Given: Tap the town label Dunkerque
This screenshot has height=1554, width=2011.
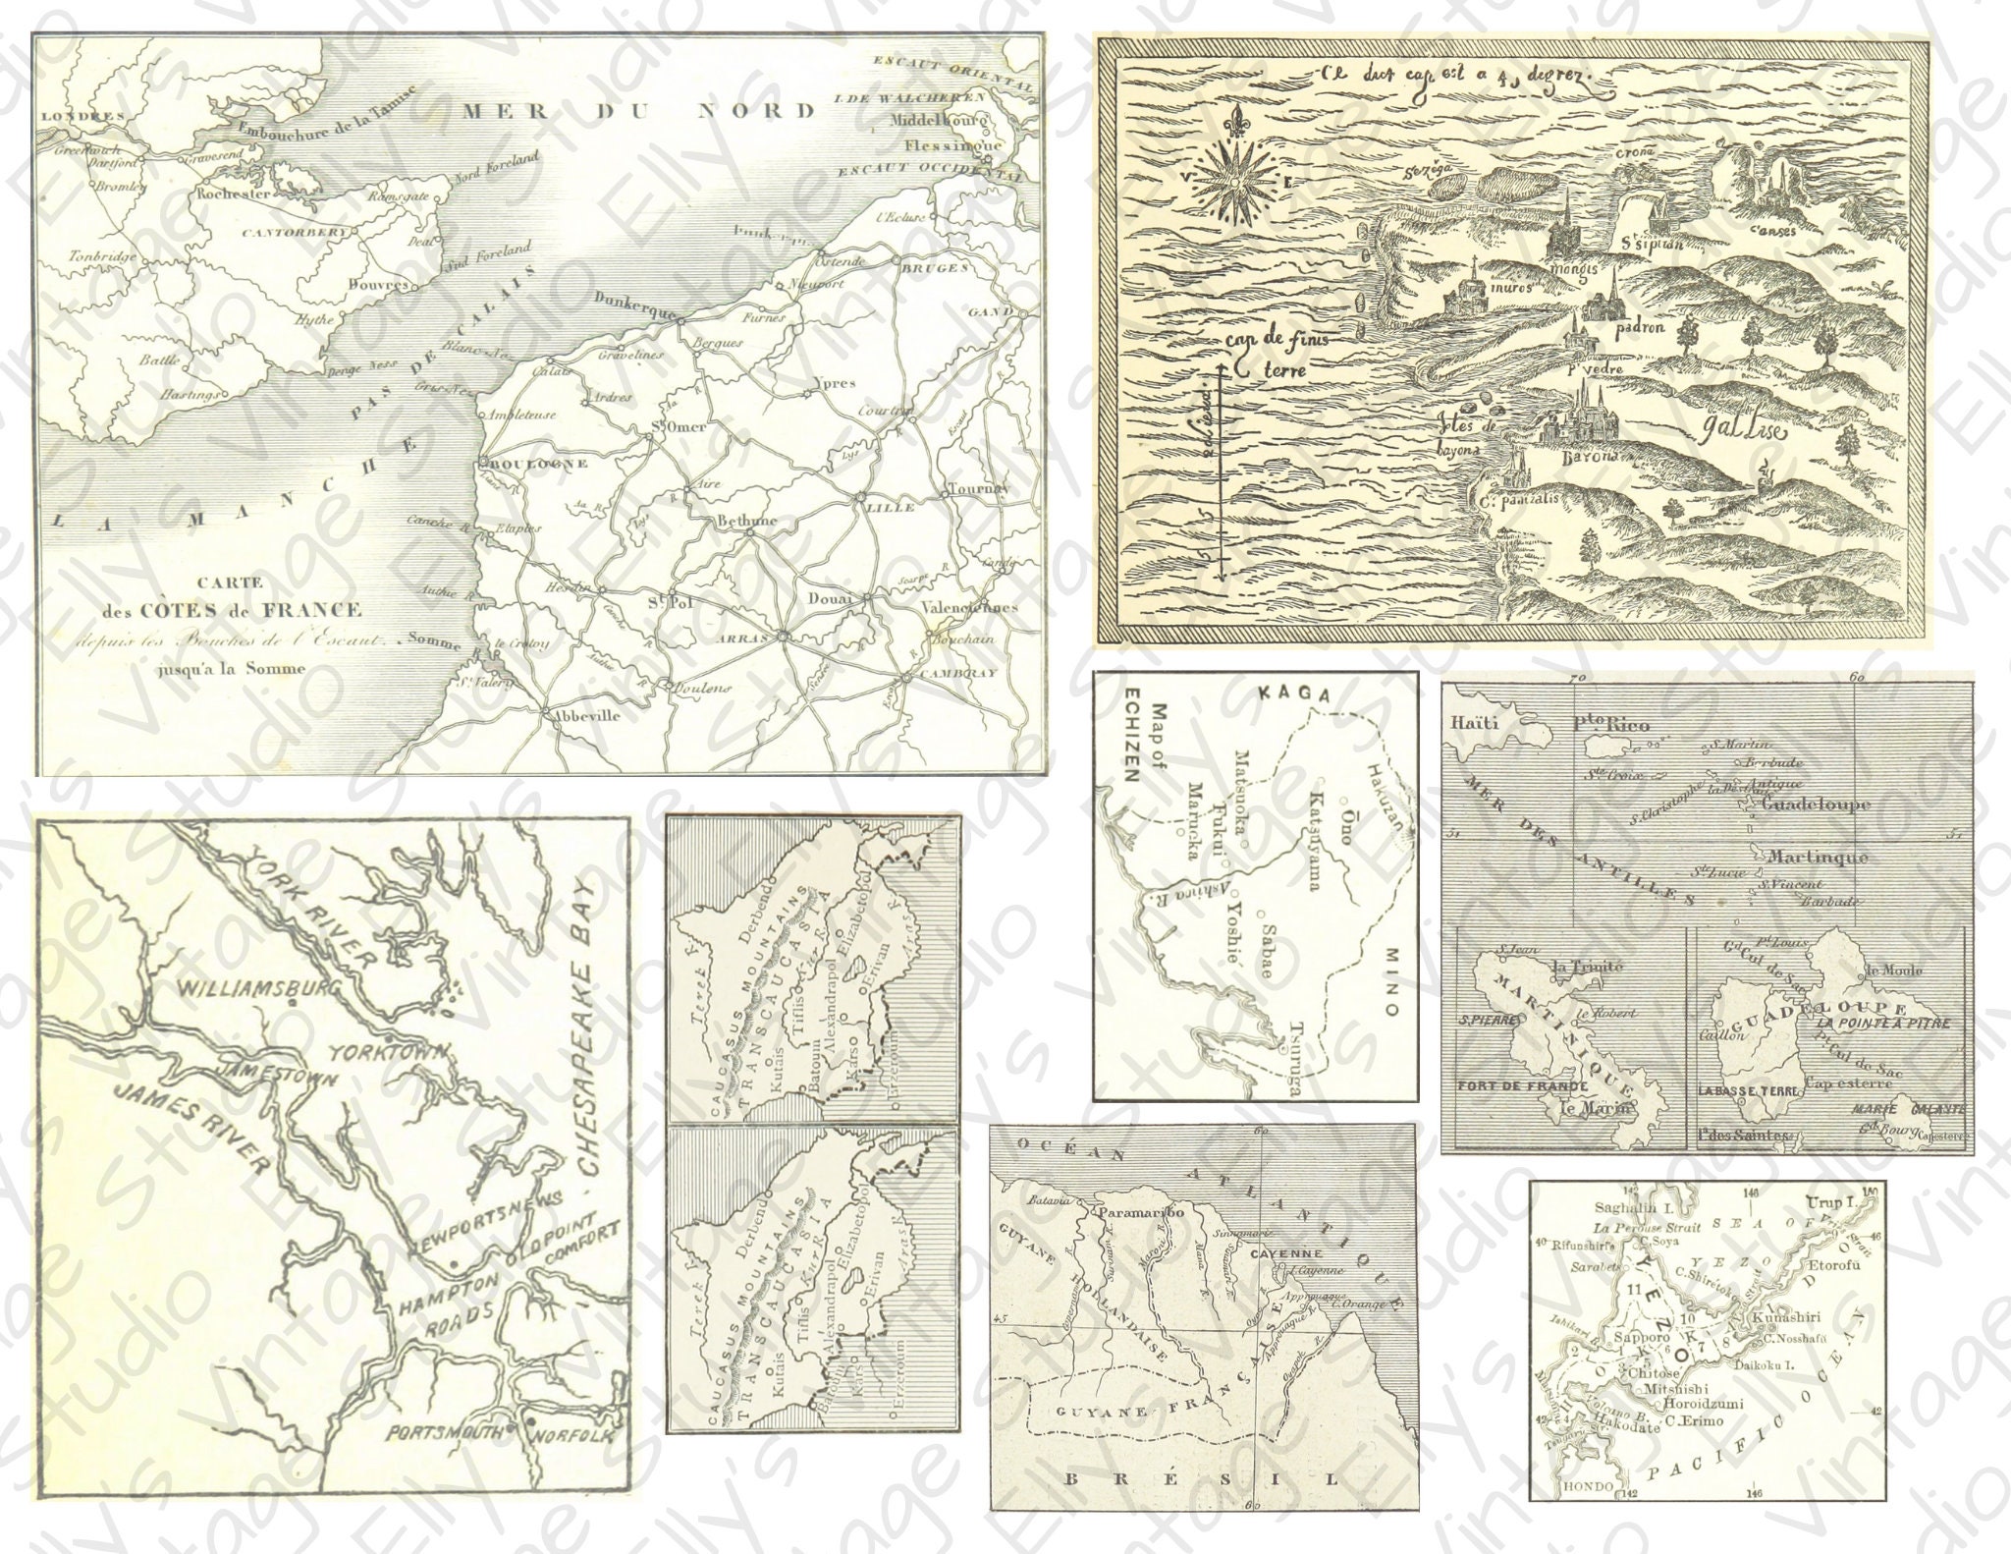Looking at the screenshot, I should (x=633, y=305).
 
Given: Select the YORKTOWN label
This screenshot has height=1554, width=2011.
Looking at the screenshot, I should (x=388, y=1053).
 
